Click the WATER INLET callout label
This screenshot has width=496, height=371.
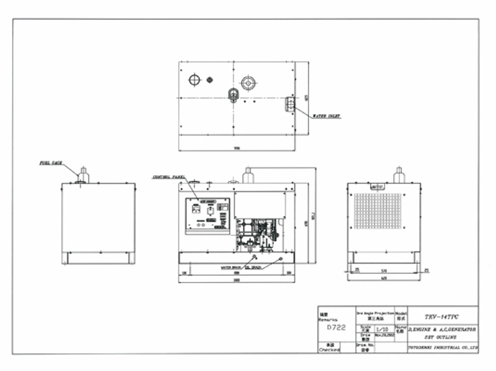pos(326,116)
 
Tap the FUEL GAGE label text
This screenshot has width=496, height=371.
pos(51,163)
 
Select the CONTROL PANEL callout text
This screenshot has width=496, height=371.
pos(169,177)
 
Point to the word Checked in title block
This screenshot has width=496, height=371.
pos(329,350)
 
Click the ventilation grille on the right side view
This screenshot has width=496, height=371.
pos(377,211)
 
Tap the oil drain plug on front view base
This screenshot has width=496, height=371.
pos(281,258)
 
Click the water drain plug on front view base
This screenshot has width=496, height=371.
pos(254,256)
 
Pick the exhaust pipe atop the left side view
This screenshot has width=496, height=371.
pos(83,175)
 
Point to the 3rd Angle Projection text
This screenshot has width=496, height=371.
pos(375,313)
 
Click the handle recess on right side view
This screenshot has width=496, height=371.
pos(377,187)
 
